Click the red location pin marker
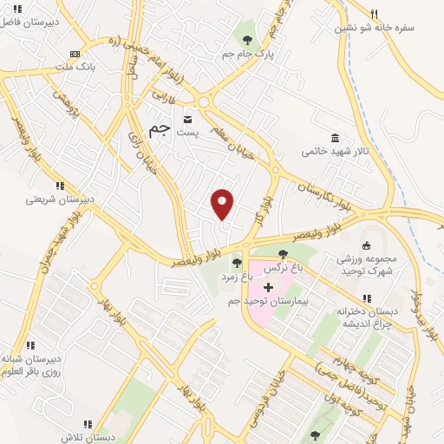223,203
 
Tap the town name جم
158,129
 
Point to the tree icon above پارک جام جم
247,39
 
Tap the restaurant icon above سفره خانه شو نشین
375,14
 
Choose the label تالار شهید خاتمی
336,151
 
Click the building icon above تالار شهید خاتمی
335,137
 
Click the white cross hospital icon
269,286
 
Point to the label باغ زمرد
234,276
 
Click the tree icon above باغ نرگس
283,253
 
